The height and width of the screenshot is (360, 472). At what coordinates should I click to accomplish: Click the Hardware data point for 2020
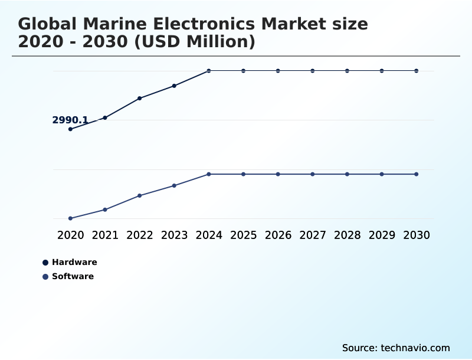pos(71,129)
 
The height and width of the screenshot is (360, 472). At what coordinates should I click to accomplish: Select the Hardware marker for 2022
pos(140,98)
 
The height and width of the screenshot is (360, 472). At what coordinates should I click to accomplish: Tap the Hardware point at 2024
pos(209,71)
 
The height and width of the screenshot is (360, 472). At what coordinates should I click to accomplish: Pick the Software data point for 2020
pos(71,218)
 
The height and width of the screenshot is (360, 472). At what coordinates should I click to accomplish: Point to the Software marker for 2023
pos(174,185)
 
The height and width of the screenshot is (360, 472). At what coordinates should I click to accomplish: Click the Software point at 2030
pos(416,174)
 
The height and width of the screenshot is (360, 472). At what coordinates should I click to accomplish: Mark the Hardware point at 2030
pos(416,71)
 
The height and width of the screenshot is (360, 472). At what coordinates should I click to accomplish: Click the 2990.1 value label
pos(70,120)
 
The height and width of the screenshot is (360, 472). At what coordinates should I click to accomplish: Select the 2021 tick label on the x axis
pos(105,235)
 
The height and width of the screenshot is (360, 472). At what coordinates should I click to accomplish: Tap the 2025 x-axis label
pos(243,235)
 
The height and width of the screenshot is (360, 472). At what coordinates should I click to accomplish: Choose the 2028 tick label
pos(347,235)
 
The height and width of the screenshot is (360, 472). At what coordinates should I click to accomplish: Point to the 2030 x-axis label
pos(416,235)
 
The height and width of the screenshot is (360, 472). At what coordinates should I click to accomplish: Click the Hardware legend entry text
pos(74,262)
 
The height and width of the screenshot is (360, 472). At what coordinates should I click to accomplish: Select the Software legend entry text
pos(73,276)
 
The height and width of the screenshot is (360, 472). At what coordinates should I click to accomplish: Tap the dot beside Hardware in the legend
pos(45,263)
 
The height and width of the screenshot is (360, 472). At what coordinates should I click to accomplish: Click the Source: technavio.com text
pos(396,348)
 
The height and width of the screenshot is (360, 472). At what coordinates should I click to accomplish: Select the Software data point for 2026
pos(278,174)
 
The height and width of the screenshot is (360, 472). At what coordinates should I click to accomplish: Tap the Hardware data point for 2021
pos(105,117)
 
